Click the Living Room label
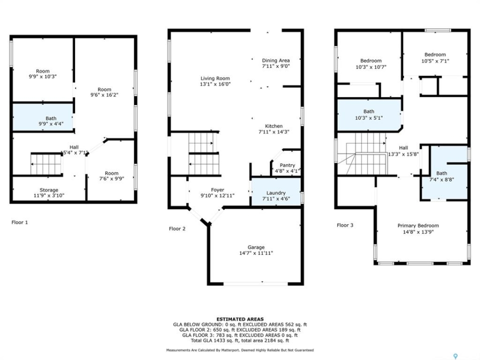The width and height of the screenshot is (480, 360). tap(215, 78)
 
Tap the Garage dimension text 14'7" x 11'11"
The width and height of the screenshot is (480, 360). tap(256, 253)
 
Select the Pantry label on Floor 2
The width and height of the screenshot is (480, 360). tap(287, 165)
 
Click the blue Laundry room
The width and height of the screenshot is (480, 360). tap(276, 192)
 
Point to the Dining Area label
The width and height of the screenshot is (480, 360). tap(275, 60)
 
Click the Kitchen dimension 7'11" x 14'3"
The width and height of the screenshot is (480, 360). tap(273, 132)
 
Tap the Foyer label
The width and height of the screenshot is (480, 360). tap(217, 190)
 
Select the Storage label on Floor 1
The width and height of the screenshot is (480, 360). tap(48, 190)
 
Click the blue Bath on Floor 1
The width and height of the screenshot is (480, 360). tap(43, 117)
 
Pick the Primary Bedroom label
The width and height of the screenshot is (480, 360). tap(418, 225)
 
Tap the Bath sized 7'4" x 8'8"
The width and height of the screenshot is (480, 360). tap(444, 173)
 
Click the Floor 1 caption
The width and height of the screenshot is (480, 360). tap(19, 222)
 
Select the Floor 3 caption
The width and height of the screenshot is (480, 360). tap(345, 225)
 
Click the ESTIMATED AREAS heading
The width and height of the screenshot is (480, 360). tap(240, 319)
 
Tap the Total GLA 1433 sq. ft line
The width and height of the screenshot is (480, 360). tap(240, 340)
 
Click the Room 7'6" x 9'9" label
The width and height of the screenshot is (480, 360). tap(111, 175)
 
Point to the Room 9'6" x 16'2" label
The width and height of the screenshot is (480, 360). tap(104, 92)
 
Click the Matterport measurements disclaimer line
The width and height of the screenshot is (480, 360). tap(240, 350)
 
